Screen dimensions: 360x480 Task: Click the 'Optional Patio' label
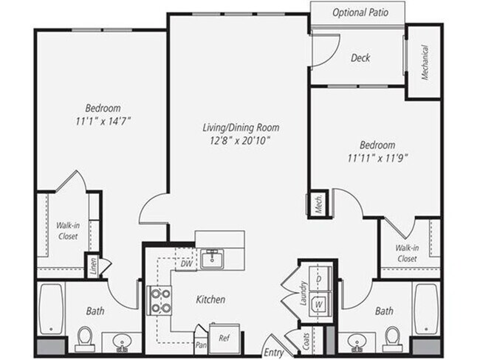359,13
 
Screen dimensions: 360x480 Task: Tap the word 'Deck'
360,58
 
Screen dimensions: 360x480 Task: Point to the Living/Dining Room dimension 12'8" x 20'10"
236,140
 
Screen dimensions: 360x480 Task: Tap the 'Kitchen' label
211,300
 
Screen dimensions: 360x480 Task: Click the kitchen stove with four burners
161,300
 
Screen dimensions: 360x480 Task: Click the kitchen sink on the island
214,257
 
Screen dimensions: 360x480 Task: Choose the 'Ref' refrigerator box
222,338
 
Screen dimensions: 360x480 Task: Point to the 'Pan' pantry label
201,344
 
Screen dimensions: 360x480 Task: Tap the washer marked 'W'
320,303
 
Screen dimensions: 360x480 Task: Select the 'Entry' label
273,352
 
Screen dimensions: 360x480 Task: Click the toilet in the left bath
83,339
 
